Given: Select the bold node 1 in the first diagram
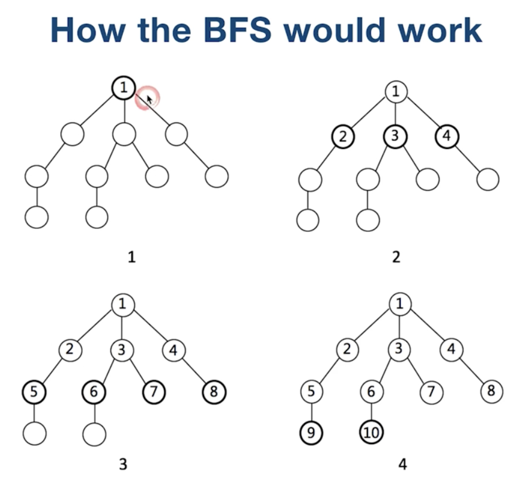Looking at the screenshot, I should pos(123,89).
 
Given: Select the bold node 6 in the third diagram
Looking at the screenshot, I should pos(94,392).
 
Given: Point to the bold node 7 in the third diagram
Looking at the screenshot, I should pos(154,392).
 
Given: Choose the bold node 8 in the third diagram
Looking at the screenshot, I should pos(215,392).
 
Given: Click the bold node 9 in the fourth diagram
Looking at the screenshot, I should pos(310,432).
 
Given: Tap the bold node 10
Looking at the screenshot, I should pos(370,432).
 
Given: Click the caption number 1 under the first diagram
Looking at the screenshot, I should pos(131,257).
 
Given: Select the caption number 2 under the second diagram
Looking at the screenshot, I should pos(397,257).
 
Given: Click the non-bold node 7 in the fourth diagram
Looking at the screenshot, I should pos(431,392).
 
